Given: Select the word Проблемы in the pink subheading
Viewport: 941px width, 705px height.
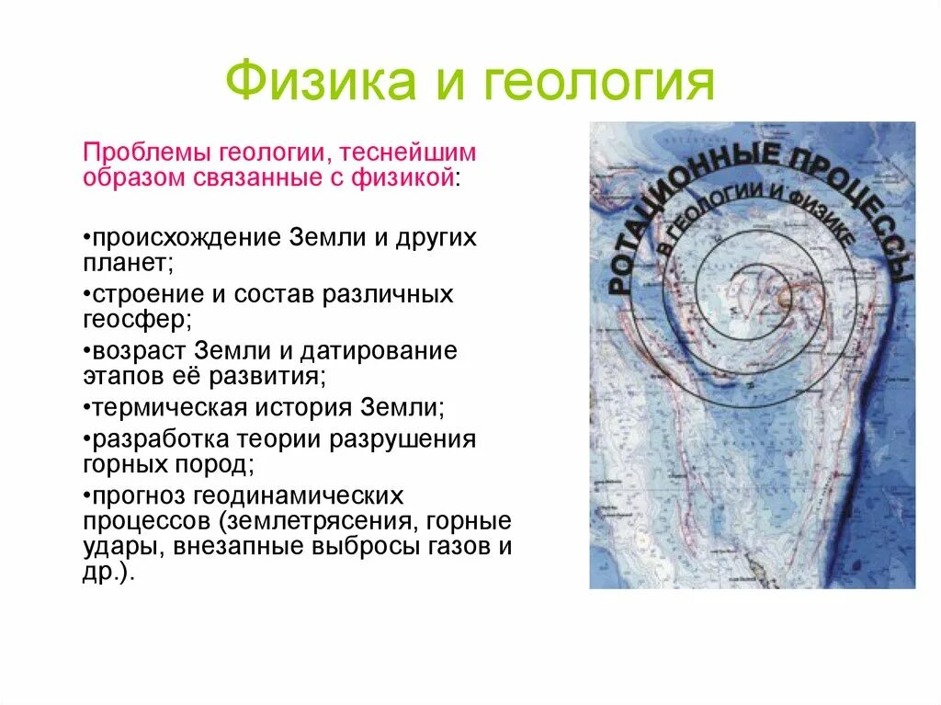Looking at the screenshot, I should tap(147, 151).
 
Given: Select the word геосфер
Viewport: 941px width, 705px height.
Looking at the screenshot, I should tap(134, 320).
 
